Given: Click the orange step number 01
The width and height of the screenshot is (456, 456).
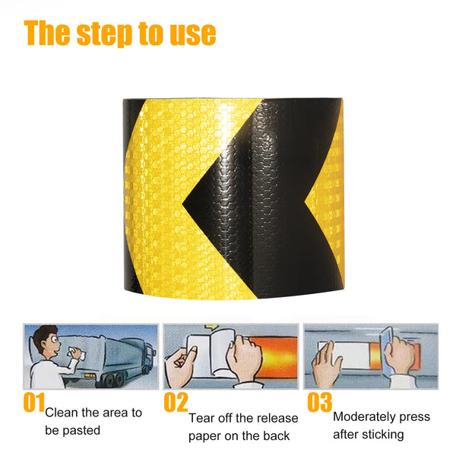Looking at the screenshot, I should pyautogui.click(x=34, y=402).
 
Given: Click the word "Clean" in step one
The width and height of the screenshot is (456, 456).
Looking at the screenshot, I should pyautogui.click(x=62, y=413).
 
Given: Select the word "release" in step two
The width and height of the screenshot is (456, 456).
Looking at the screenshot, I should pyautogui.click(x=277, y=419).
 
